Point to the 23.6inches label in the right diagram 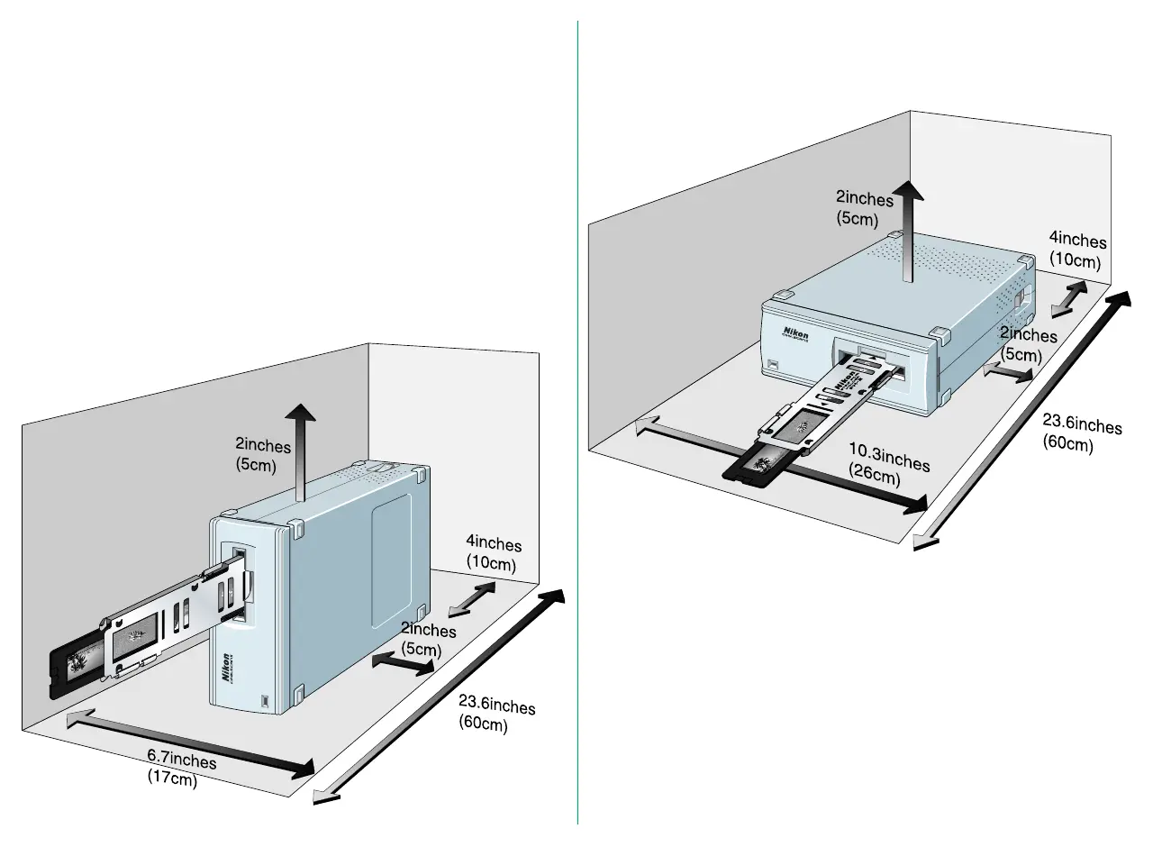[x=1081, y=432]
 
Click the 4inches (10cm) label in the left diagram [x=493, y=553]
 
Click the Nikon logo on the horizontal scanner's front [x=795, y=332]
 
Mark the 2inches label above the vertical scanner [x=262, y=454]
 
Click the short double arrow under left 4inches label [x=472, y=597]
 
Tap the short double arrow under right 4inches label [x=1069, y=297]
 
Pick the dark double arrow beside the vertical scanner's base [x=403, y=664]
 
